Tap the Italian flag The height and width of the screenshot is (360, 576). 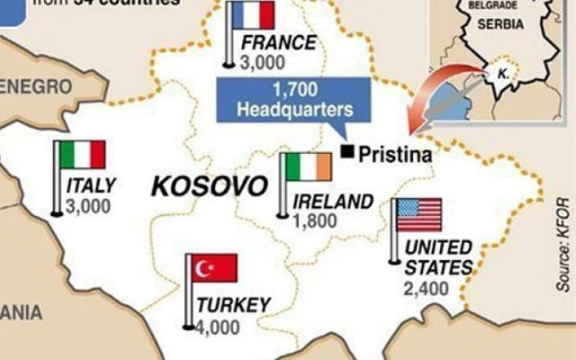[81, 155]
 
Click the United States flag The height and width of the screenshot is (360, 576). [418, 215]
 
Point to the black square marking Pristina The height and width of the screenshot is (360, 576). [346, 150]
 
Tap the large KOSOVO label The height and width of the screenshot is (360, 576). [209, 186]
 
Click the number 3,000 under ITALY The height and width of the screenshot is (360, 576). [88, 205]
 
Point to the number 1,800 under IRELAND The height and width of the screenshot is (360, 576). [315, 219]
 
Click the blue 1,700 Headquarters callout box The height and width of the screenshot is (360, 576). [293, 100]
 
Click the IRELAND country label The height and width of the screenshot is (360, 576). [331, 201]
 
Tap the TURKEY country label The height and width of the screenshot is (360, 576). [232, 304]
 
